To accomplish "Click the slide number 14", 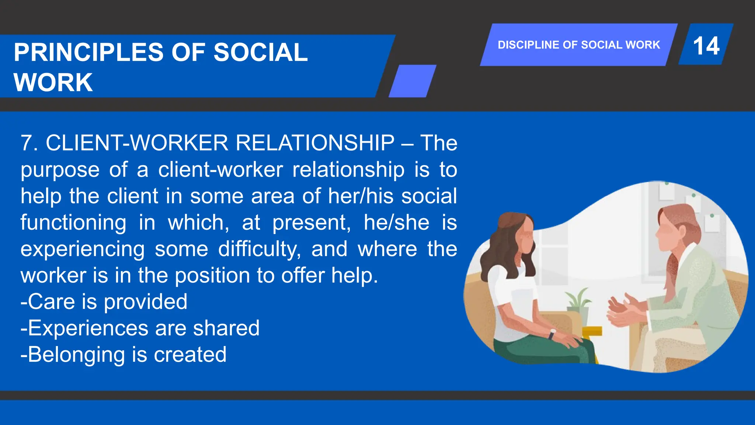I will (706, 46).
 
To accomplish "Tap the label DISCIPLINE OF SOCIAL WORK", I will (578, 45).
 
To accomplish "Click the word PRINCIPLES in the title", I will (88, 52).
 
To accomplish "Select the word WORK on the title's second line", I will (53, 82).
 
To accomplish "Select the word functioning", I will (73, 222).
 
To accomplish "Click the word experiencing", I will (83, 249).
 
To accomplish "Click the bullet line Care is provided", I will (104, 302).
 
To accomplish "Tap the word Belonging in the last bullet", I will (76, 355).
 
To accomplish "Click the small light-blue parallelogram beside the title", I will (413, 81).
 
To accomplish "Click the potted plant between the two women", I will (578, 303).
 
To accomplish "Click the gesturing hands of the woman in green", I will (623, 310).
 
